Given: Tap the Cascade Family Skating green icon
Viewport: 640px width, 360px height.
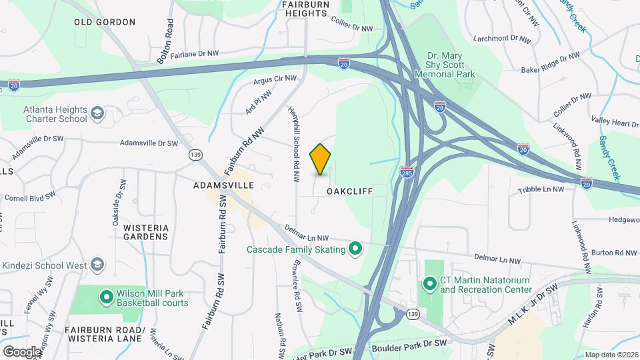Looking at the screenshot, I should coord(355,249).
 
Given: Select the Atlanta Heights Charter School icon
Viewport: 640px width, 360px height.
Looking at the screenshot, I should coord(98,114).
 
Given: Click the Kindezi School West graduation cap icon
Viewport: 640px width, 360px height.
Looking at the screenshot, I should coord(98,265).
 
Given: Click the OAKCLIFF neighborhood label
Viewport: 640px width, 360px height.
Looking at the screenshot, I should coord(349,191).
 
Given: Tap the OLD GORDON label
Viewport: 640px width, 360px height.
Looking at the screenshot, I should coord(105,22).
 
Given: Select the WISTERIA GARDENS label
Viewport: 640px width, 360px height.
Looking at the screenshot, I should coord(145,232).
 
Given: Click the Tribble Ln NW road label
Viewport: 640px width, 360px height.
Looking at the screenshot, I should coord(541,189).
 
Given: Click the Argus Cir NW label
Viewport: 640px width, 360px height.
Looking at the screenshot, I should coord(275,81).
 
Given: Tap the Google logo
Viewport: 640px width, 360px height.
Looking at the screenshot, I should coord(22,351).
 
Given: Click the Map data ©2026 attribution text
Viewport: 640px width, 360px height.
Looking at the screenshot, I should coord(610,355).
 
